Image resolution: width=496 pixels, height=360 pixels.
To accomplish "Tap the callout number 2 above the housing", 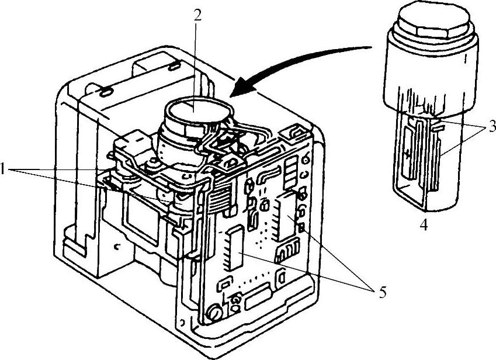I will [x=198, y=16].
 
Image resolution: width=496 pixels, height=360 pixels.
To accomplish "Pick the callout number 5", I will [x=383, y=292].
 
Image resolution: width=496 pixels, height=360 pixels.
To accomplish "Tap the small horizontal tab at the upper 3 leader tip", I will [x=439, y=125].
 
